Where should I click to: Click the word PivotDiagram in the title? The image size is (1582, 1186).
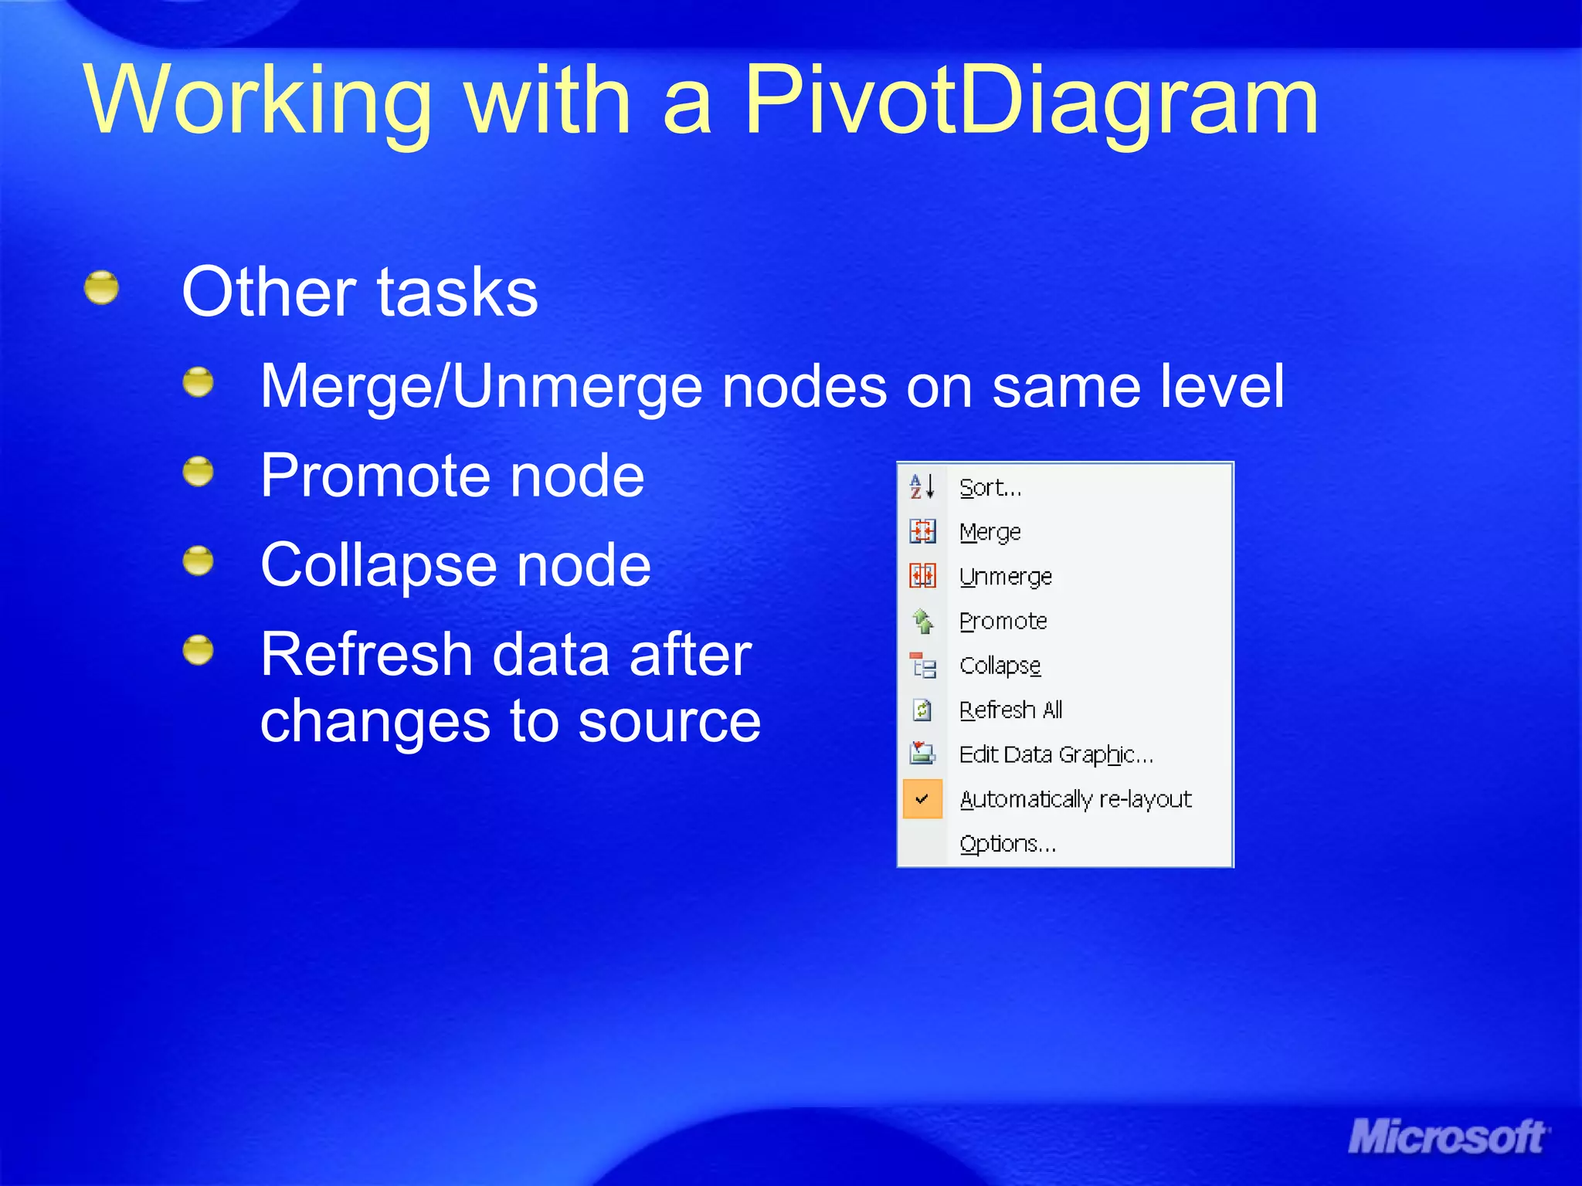pyautogui.click(x=1031, y=100)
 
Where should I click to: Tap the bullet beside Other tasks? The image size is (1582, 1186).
pyautogui.click(x=101, y=289)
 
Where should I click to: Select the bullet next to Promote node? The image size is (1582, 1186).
pyautogui.click(x=199, y=472)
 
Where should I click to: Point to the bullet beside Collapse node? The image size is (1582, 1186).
pyautogui.click(x=199, y=561)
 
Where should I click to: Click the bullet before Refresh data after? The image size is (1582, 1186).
pyautogui.click(x=199, y=650)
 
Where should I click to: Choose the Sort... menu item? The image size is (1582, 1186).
pyautogui.click(x=990, y=488)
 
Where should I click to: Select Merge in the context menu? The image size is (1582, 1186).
pyautogui.click(x=990, y=532)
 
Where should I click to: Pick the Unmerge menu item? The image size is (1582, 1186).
pyautogui.click(x=1005, y=577)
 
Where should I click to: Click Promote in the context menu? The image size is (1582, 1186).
pyautogui.click(x=1003, y=621)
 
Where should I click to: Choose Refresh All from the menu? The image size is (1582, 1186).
pyautogui.click(x=1010, y=710)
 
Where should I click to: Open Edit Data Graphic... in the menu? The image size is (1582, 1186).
pyautogui.click(x=1055, y=754)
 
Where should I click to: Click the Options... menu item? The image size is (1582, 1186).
pyautogui.click(x=1007, y=844)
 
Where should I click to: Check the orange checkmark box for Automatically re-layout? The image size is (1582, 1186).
pyautogui.click(x=922, y=799)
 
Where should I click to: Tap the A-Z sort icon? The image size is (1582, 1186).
pyautogui.click(x=922, y=487)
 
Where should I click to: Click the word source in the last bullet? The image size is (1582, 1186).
pyautogui.click(x=669, y=722)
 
